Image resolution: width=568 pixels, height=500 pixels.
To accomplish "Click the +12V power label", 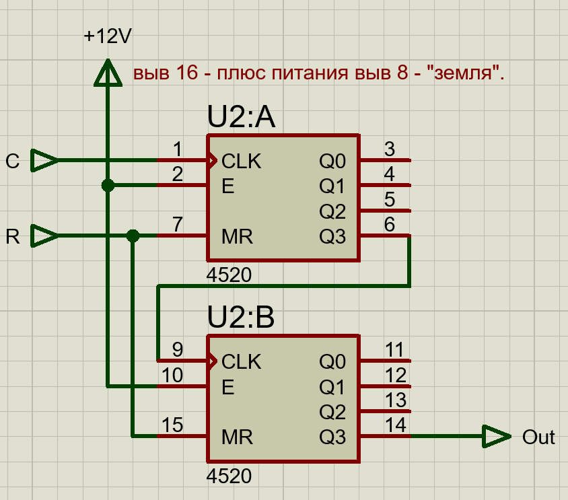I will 107,36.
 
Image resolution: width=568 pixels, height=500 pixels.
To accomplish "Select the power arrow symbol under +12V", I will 107,73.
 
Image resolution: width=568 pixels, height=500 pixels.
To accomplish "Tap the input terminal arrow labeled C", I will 45,161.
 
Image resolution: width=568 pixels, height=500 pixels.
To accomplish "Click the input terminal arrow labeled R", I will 45,236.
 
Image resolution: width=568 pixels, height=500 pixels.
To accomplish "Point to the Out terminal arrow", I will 497,437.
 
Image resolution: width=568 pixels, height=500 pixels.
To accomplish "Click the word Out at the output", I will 538,437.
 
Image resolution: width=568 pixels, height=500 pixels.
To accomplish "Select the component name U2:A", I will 242,118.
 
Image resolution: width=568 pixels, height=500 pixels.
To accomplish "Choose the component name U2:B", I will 242,318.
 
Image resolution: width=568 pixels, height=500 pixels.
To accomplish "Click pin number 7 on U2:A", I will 177,225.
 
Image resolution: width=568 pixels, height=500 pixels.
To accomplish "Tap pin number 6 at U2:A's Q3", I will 390,225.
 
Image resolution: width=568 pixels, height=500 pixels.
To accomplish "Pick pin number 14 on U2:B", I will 395,425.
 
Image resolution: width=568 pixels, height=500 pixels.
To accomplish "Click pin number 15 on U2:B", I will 172,425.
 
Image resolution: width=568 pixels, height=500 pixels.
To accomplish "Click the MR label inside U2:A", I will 237,237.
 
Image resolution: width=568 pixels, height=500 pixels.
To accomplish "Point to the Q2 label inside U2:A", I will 332,212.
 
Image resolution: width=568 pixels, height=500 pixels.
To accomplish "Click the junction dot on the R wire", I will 133,236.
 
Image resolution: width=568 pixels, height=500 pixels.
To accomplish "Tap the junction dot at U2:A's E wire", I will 107,186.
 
